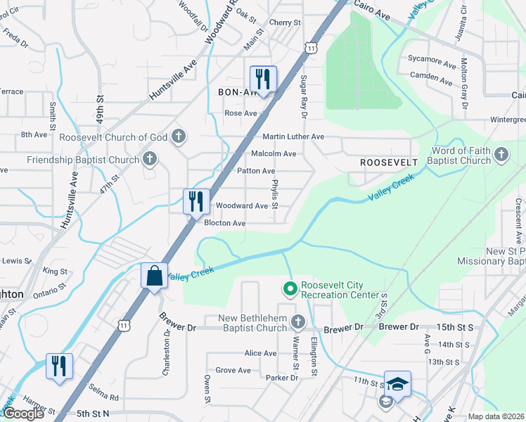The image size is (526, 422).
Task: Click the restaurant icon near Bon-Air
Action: coord(264,79)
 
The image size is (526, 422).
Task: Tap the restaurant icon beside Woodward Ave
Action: coord(196,201)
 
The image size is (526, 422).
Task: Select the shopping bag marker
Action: coord(154,276)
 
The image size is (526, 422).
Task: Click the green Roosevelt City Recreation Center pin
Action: coord(289,289)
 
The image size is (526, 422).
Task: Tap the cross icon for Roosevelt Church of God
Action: coord(179,136)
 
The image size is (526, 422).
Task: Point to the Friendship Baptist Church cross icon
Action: coord(149,160)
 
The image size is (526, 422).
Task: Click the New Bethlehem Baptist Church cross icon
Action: coord(298,322)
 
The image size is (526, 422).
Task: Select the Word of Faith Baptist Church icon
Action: coord(501,155)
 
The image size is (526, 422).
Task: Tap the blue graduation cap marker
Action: coord(397,384)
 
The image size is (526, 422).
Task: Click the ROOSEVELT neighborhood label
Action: coord(389,162)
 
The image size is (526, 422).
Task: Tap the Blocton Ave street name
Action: coord(224,223)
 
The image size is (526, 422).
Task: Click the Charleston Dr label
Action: coord(167,357)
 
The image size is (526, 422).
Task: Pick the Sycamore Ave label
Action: coord(432,63)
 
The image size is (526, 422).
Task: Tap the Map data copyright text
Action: coord(495,416)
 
